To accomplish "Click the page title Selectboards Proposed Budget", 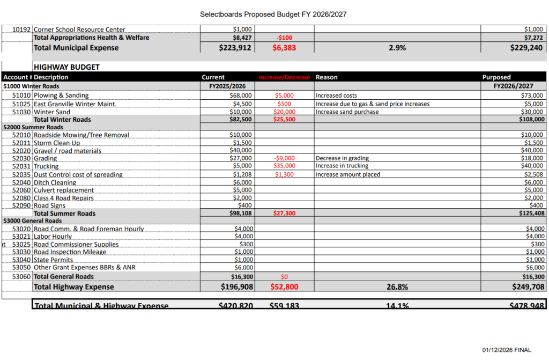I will click(273, 14).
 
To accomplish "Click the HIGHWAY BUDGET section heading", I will click(66, 67).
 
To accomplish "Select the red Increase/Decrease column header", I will click(284, 77).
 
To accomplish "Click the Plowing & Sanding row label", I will click(61, 95).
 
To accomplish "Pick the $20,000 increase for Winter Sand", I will click(284, 112).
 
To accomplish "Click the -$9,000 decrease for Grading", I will click(284, 158).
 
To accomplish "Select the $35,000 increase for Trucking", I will click(284, 166).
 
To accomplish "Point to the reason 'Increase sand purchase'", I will click(347, 112).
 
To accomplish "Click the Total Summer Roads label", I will click(64, 214).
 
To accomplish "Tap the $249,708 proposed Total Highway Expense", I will click(528, 287).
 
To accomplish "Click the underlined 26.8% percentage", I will click(397, 287).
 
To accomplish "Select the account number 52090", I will click(21, 205).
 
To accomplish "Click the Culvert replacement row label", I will click(64, 190).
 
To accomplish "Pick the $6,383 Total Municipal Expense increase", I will click(284, 48).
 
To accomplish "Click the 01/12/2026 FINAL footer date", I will click(507, 350).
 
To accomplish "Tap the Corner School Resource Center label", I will click(79, 30).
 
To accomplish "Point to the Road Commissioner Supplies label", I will click(76, 244).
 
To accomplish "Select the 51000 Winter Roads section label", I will click(31, 86).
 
